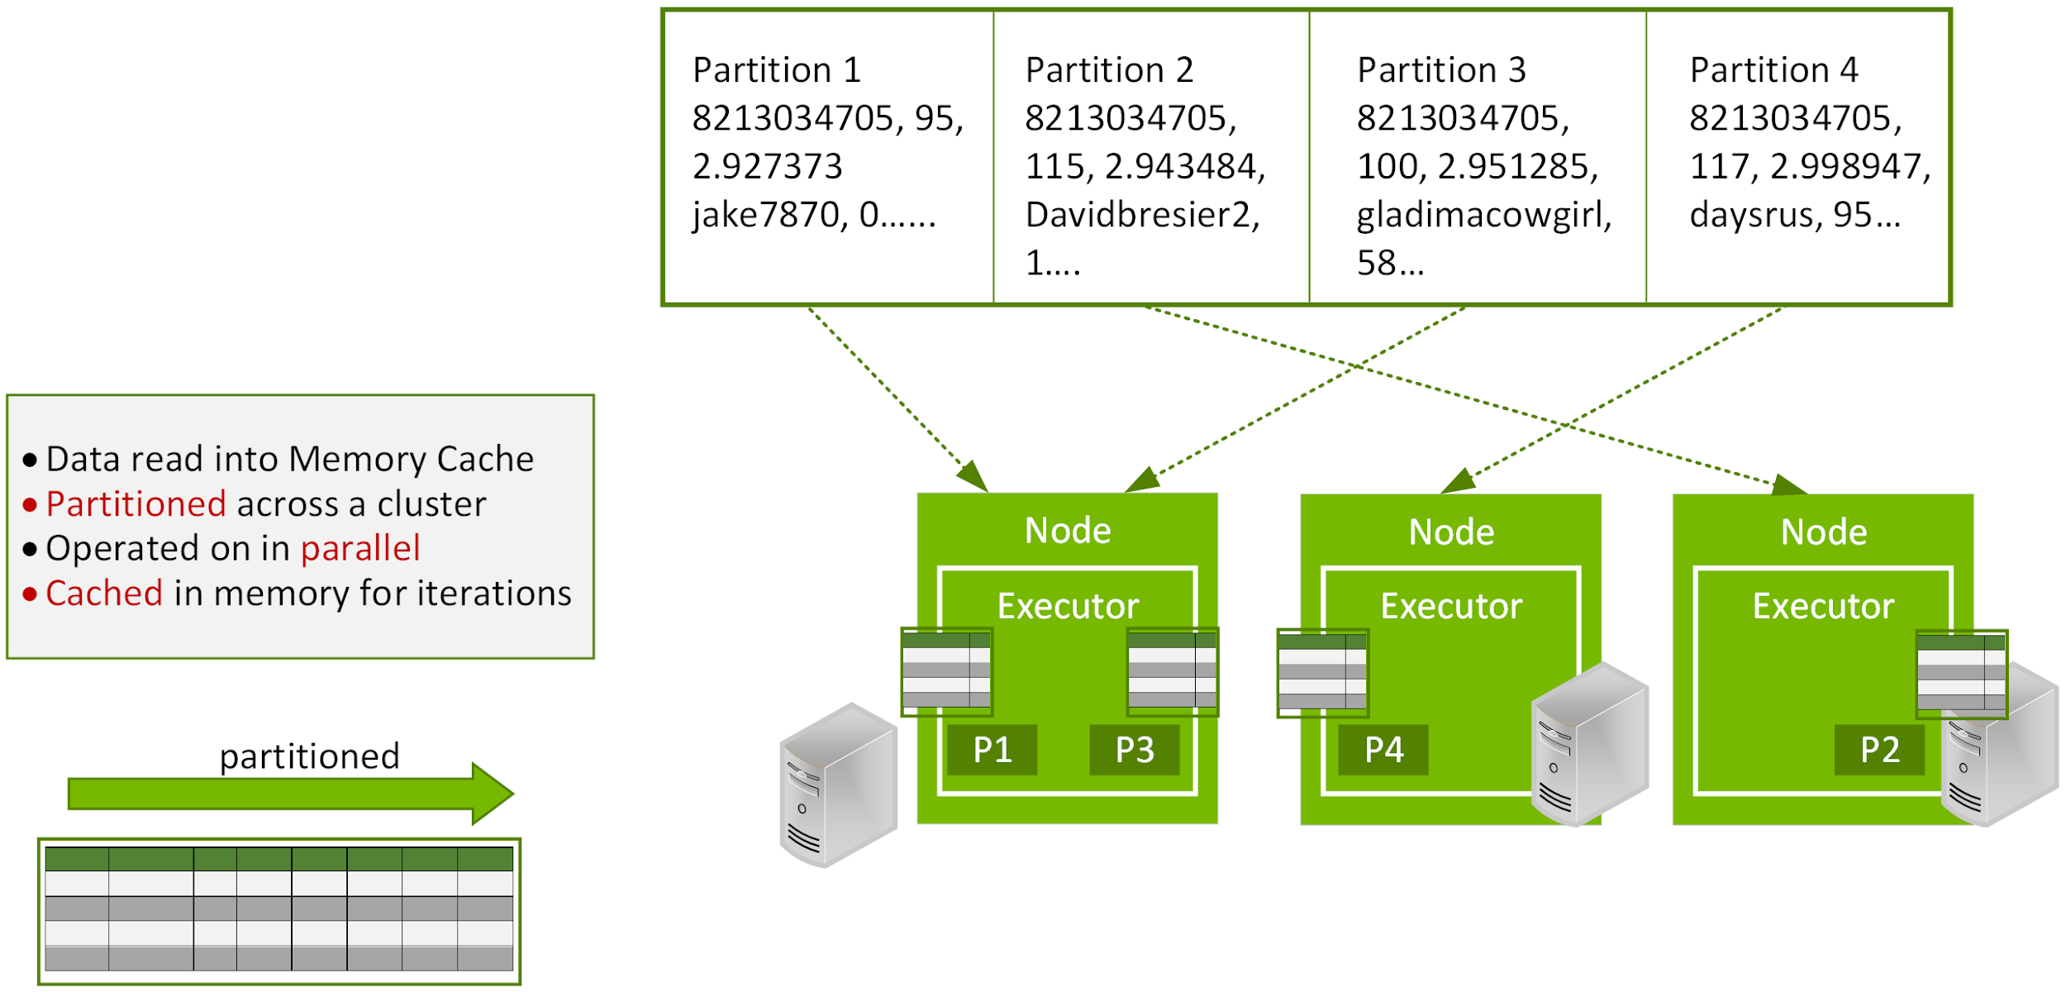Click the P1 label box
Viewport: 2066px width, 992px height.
pos(992,751)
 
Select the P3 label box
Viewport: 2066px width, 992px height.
pos(1134,751)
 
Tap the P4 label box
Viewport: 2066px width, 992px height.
pos(1383,751)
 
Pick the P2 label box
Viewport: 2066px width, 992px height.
pos(1879,751)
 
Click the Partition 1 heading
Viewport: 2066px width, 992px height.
pos(777,70)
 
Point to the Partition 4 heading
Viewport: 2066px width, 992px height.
pos(1773,70)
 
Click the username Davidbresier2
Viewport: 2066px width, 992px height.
pos(1140,215)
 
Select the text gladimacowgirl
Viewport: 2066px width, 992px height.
pos(1483,215)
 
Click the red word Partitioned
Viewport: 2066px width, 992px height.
pos(136,504)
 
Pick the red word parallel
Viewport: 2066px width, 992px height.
pos(360,549)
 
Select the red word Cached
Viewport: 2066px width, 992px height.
pos(104,594)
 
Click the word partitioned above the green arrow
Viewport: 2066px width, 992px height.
pos(309,756)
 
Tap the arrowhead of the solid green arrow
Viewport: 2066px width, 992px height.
pos(494,794)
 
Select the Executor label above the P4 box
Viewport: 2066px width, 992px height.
pos(1451,607)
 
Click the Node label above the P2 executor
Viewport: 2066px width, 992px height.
pos(1823,532)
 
